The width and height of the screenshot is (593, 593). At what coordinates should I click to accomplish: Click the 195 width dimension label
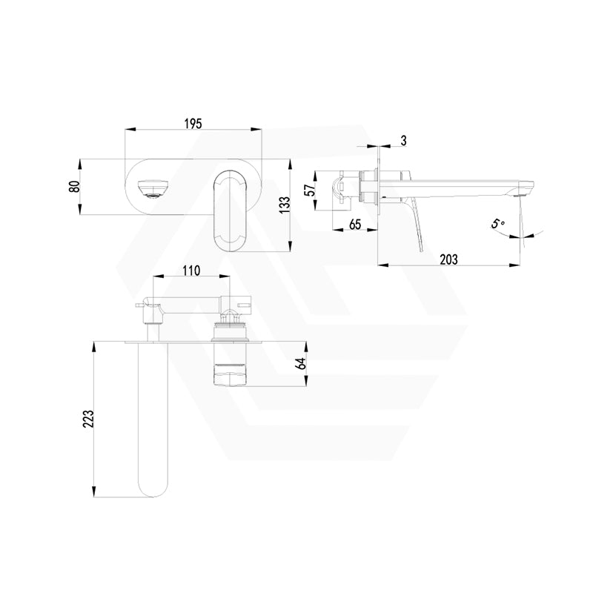click(x=192, y=124)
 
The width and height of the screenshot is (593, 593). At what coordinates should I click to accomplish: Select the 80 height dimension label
click(x=73, y=186)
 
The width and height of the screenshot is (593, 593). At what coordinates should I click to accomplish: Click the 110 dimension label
click(x=191, y=271)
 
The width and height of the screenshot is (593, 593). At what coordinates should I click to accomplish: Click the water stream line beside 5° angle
click(x=523, y=222)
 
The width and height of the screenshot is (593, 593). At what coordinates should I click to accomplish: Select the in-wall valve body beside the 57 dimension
click(x=354, y=187)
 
